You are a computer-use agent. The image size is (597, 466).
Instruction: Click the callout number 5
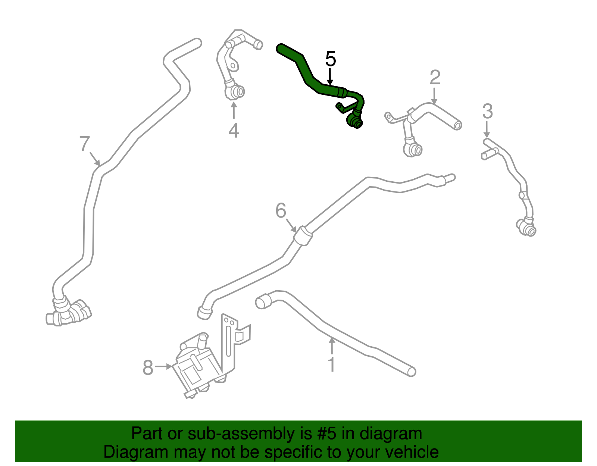tap(330, 59)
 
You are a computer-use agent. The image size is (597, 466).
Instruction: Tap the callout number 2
tap(435, 77)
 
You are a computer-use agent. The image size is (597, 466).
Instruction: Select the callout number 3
tap(487, 111)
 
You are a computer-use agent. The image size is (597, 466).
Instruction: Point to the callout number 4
tap(234, 130)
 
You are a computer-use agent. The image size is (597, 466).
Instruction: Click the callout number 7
tap(84, 143)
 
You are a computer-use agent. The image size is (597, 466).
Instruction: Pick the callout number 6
tap(281, 211)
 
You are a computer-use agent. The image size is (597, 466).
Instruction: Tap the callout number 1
tap(332, 364)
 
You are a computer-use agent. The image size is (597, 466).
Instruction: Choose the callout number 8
tap(148, 367)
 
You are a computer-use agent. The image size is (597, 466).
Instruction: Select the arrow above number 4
tap(234, 110)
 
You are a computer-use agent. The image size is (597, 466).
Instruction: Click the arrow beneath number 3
tap(487, 129)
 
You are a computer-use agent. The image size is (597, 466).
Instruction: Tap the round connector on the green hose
tap(355, 121)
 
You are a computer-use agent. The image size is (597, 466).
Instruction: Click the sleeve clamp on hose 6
tap(303, 236)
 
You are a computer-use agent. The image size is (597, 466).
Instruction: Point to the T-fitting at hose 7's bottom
tap(69, 313)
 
